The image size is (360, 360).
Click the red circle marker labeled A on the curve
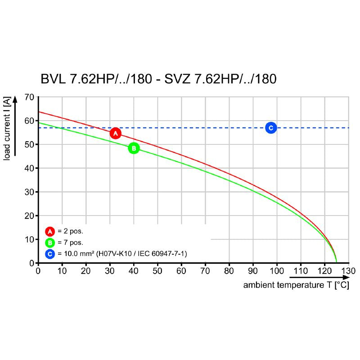[x=116, y=133]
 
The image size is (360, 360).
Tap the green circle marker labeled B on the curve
[x=134, y=148]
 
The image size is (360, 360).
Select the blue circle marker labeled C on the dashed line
[x=270, y=128]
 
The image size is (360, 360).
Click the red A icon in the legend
[x=49, y=232]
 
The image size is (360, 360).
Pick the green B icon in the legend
[x=49, y=243]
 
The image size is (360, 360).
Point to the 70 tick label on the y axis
[x=29, y=97]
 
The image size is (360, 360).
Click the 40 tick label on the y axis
[x=29, y=168]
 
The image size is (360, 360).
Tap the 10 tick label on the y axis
[x=29, y=239]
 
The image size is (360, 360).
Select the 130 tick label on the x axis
[x=348, y=271]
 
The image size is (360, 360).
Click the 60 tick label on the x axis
[x=181, y=271]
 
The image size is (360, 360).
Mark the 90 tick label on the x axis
[x=253, y=271]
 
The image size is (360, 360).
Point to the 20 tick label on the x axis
[x=86, y=271]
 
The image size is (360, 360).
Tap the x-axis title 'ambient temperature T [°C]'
[x=296, y=285]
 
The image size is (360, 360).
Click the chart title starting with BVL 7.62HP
[x=158, y=79]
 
